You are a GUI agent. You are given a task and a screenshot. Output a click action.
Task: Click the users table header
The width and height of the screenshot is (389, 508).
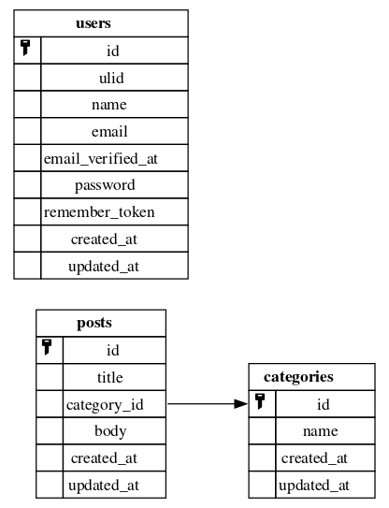pyautogui.click(x=94, y=23)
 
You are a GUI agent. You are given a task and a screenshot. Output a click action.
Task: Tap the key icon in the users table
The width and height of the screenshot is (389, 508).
pyautogui.click(x=25, y=48)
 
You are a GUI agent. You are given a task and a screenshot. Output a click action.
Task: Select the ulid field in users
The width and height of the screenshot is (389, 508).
pyautogui.click(x=111, y=78)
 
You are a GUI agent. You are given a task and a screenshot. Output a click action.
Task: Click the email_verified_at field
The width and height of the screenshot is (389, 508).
pyautogui.click(x=101, y=159)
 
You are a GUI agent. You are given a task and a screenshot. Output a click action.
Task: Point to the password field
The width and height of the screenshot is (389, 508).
pyautogui.click(x=105, y=185)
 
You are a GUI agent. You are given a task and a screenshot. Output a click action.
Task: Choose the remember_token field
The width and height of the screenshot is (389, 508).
pyautogui.click(x=99, y=212)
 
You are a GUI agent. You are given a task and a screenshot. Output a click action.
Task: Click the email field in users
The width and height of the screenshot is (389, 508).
pyautogui.click(x=109, y=132)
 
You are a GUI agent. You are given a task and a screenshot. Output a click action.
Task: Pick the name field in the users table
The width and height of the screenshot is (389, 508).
pyautogui.click(x=109, y=105)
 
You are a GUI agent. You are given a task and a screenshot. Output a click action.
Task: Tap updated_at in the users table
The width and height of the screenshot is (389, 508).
pyautogui.click(x=104, y=267)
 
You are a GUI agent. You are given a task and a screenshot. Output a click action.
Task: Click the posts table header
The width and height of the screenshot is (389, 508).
pyautogui.click(x=94, y=324)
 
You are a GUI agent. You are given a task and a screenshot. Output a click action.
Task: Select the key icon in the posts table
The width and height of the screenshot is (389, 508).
pyautogui.click(x=48, y=347)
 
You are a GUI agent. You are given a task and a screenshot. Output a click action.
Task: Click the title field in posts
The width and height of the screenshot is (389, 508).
pyautogui.click(x=110, y=377)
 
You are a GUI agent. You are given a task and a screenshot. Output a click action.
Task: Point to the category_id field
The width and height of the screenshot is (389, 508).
pyautogui.click(x=105, y=405)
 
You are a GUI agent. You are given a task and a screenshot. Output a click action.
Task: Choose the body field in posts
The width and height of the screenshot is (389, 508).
pyautogui.click(x=110, y=431)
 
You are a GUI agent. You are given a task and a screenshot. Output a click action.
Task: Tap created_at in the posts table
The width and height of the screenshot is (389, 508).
pyautogui.click(x=104, y=458)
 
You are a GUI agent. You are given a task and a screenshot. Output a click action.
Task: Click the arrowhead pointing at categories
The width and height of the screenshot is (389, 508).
pyautogui.click(x=241, y=404)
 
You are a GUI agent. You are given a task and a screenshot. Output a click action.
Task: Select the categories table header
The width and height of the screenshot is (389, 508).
pyautogui.click(x=298, y=377)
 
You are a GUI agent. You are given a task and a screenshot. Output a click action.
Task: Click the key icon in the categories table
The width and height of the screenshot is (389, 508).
pyautogui.click(x=260, y=401)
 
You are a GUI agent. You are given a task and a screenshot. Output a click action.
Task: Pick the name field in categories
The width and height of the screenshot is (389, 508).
pyautogui.click(x=321, y=431)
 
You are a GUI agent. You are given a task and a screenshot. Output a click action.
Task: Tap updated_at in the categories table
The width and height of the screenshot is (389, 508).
pyautogui.click(x=314, y=486)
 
